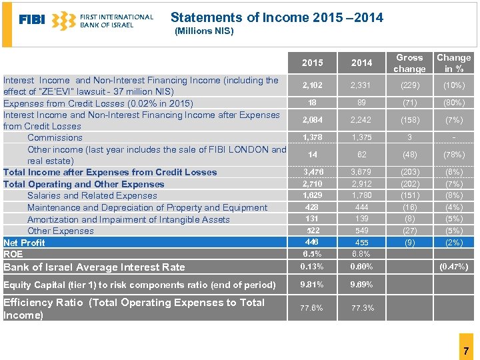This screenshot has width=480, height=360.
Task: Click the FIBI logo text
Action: coord(32,20)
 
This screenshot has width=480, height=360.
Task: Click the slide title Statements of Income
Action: coord(277,18)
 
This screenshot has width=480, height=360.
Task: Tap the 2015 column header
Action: coord(312,63)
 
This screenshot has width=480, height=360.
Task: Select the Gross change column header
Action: coord(409,63)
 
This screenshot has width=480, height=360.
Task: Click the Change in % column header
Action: coord(453,63)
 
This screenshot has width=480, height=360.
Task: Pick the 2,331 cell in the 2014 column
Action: coord(361,85)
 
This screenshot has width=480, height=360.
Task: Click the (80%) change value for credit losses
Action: coord(453,103)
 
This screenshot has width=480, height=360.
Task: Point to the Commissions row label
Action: coord(55,138)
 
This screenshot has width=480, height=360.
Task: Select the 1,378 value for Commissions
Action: coord(312,137)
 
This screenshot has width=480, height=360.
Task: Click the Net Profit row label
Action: coord(25,243)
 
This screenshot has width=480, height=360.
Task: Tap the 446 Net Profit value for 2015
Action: coord(312,242)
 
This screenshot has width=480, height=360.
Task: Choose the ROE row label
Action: coord(13,254)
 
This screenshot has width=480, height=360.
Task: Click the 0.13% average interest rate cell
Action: coord(312,267)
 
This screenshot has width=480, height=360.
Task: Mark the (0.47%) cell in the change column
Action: coord(453,267)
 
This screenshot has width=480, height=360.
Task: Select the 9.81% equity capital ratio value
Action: coord(312,285)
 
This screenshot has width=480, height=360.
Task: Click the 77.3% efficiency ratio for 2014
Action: coord(361,308)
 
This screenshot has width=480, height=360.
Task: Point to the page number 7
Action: coord(466,351)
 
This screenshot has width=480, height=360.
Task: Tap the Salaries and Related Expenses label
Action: coord(92,196)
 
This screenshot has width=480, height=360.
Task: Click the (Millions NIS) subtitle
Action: coord(203,31)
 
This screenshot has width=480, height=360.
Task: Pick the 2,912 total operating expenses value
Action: coord(361,183)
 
